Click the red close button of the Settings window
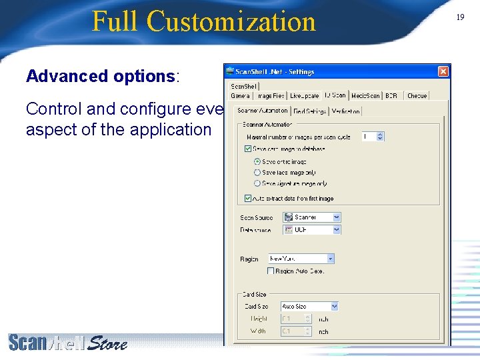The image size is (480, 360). click(x=443, y=71)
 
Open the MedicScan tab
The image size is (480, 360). click(x=365, y=96)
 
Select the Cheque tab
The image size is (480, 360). click(x=417, y=96)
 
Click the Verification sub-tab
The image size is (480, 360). click(x=345, y=111)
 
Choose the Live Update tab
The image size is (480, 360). click(x=304, y=96)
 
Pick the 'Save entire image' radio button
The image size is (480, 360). click(x=257, y=161)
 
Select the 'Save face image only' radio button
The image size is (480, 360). click(x=257, y=172)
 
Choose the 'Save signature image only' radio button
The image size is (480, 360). click(x=257, y=183)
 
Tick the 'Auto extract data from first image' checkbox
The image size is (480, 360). click(x=248, y=198)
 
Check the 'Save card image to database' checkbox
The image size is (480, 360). click(x=248, y=149)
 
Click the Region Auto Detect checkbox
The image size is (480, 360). click(x=271, y=271)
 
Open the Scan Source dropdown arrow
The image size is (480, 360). click(x=337, y=217)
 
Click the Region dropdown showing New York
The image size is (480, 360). click(x=301, y=258)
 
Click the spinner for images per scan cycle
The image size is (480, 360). click(x=380, y=136)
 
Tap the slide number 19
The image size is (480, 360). click(x=460, y=17)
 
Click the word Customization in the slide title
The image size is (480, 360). click(x=231, y=21)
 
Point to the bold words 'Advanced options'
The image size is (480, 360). click(x=100, y=76)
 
